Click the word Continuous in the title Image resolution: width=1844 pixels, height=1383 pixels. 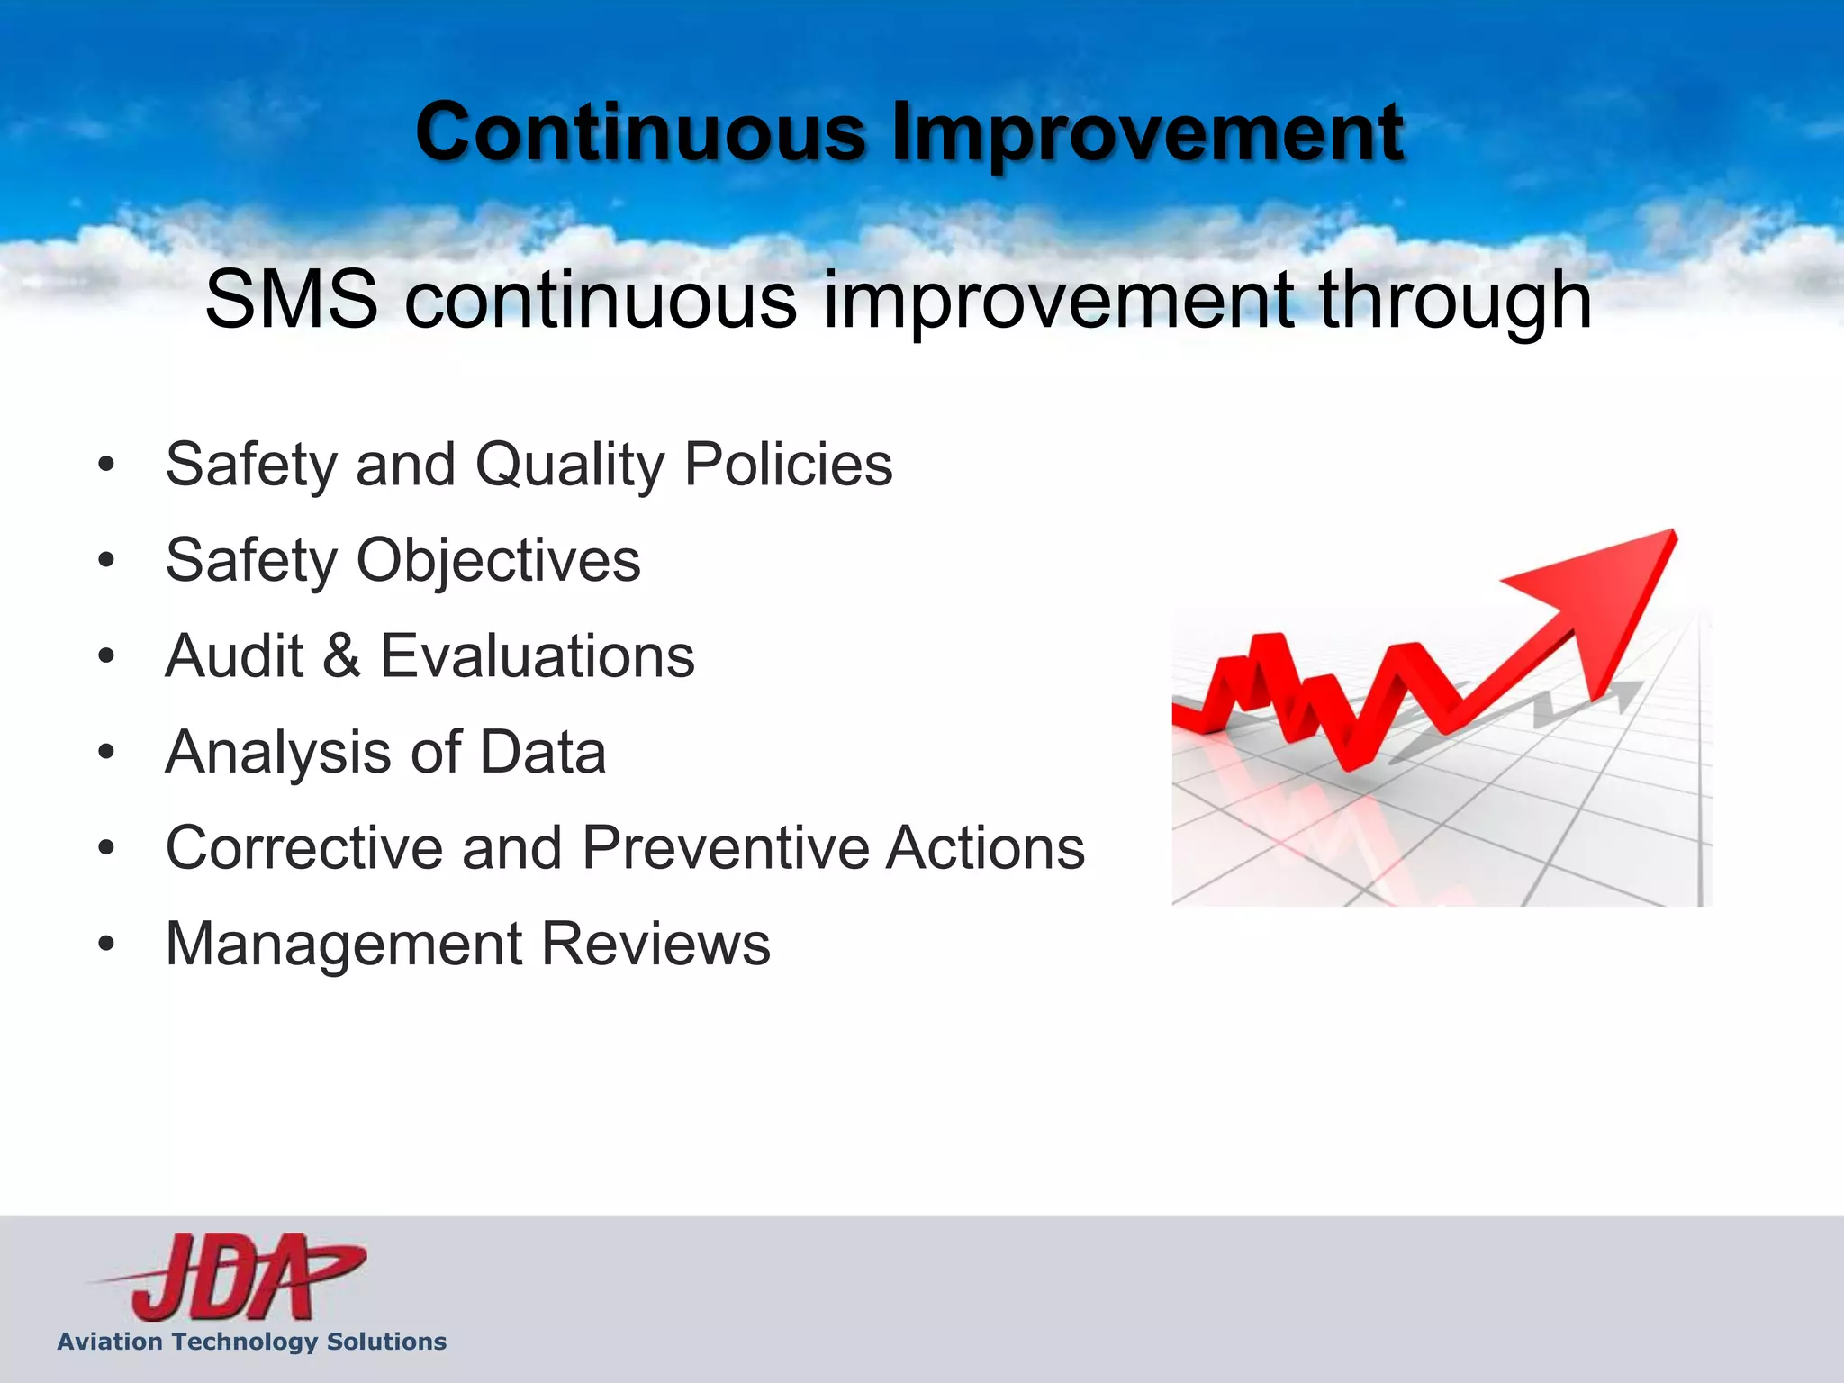640,133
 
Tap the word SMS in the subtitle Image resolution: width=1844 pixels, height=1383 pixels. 291,299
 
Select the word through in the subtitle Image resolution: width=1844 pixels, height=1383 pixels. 1455,301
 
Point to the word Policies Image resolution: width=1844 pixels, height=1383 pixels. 788,465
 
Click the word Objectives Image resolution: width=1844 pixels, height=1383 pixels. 499,561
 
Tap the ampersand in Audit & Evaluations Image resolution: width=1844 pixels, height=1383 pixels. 341,655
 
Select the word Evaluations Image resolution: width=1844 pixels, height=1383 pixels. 538,655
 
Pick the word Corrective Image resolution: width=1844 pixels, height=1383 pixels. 304,847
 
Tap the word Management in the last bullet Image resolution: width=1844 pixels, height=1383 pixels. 345,945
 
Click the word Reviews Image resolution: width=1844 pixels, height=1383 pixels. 655,944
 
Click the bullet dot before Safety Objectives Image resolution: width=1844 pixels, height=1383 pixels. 107,561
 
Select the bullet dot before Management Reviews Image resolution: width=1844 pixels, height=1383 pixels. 107,945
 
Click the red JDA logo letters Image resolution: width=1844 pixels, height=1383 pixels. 234,1277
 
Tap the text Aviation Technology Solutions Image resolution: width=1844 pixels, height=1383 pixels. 252,1342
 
